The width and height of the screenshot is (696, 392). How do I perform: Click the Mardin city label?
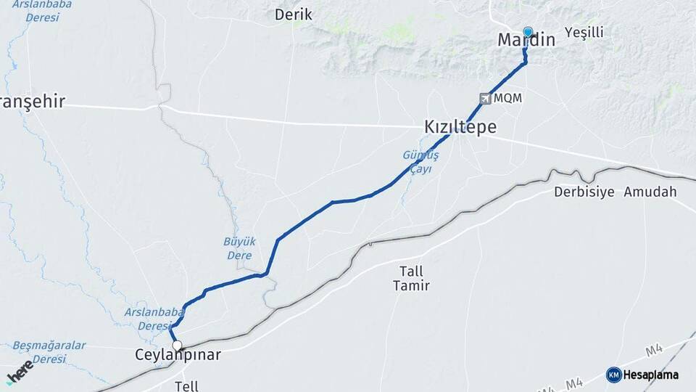[526, 41]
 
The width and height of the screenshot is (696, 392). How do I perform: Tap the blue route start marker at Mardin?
[528, 32]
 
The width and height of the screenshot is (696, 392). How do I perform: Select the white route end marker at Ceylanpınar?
[176, 346]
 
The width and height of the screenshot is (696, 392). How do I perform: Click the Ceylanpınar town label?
[178, 355]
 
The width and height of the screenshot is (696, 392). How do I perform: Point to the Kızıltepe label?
[460, 128]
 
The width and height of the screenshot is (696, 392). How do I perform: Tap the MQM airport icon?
[485, 98]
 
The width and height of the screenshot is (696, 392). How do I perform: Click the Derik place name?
[293, 15]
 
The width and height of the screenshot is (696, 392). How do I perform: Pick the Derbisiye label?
[584, 192]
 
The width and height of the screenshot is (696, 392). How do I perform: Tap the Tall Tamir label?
[411, 278]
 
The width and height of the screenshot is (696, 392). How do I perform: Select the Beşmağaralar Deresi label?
[49, 352]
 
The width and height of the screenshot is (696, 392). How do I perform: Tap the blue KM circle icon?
[613, 375]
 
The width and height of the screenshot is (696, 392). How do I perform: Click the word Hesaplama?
[651, 375]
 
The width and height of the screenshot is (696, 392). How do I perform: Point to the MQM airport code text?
[508, 98]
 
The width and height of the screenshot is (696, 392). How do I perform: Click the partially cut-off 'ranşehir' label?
[33, 102]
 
